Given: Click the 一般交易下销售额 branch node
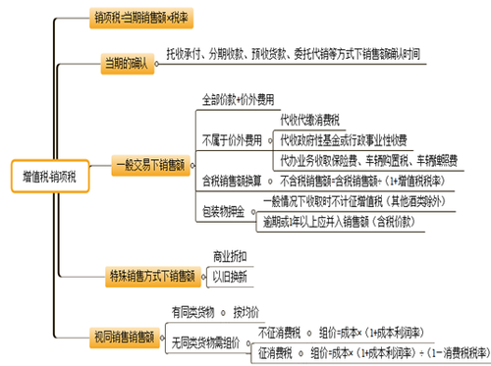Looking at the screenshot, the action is point(147,165).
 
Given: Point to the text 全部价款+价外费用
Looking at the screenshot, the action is point(238,99).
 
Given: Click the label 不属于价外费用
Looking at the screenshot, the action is point(232,137).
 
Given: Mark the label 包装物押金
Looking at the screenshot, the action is point(223,211).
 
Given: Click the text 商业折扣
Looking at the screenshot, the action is point(231,257).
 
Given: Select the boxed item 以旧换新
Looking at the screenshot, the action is point(232,278).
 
